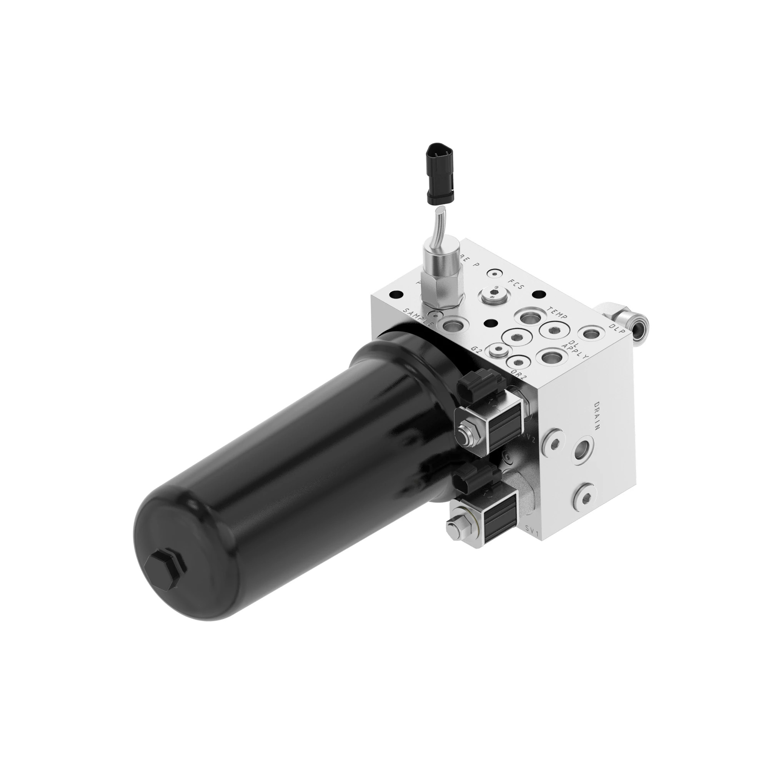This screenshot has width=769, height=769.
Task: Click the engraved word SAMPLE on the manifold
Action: click(418, 317)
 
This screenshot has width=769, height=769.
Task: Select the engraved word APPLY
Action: click(575, 350)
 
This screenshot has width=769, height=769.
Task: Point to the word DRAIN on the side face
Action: click(597, 416)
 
